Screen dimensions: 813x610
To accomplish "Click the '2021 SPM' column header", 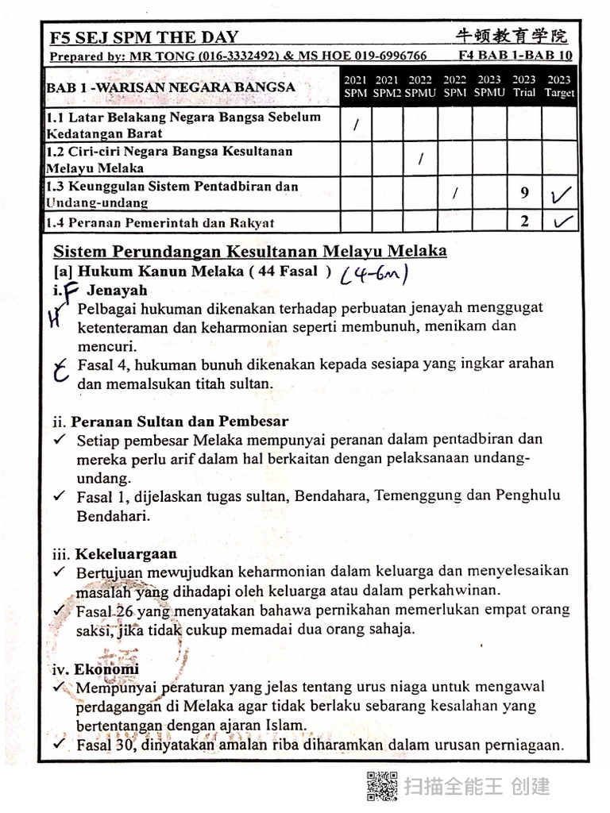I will point(355,87).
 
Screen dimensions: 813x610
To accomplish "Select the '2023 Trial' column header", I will point(523,87).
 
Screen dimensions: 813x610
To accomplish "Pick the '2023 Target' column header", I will point(559,87).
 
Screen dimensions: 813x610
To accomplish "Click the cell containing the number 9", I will point(524,193).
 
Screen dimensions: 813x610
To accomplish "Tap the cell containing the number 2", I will point(524,222).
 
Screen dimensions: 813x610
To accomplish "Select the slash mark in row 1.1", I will point(356,125).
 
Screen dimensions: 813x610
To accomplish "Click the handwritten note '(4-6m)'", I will point(374,274).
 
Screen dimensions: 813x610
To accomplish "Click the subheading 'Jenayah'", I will point(117,290).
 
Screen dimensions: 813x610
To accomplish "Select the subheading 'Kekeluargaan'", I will point(125,553).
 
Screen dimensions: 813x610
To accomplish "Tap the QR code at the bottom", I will point(381,785).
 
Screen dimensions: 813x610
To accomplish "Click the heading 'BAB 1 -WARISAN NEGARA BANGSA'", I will point(171,87).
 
